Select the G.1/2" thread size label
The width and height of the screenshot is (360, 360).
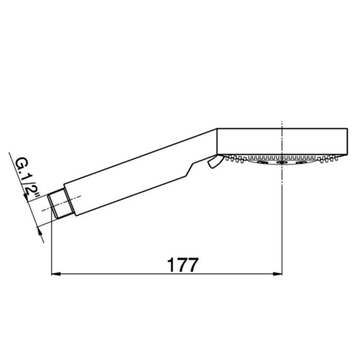tap(27, 181)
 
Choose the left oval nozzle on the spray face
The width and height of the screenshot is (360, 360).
tap(262, 163)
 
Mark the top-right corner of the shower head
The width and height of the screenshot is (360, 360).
tap(347, 129)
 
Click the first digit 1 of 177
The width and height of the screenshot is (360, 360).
tap(172, 265)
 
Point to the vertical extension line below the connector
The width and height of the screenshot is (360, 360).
tap(51, 247)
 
